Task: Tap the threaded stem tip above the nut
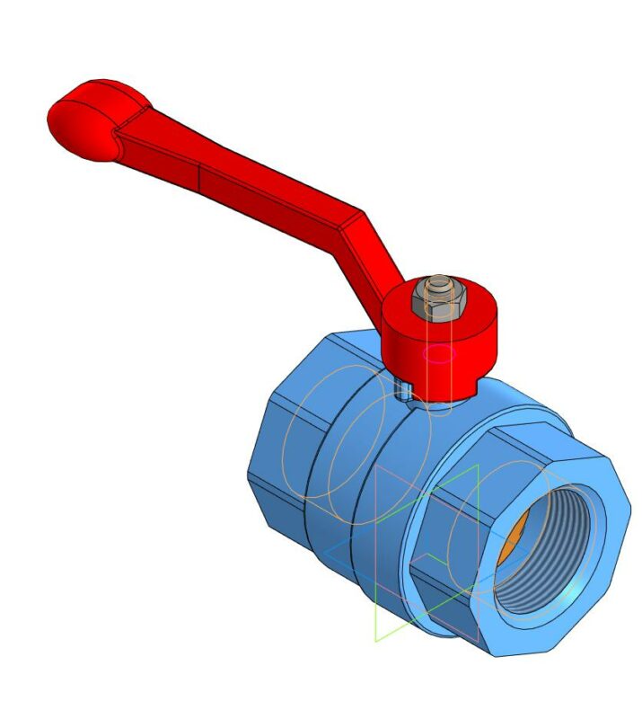pos(437,284)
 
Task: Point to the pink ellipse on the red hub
pos(438,353)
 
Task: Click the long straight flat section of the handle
pos(251,184)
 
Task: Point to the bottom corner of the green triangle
pos(376,641)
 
